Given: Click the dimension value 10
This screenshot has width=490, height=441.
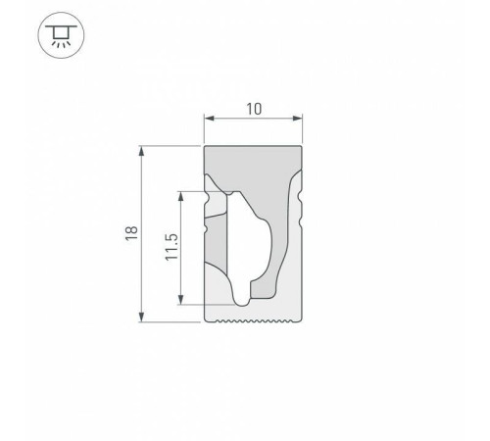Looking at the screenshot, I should click(x=253, y=109).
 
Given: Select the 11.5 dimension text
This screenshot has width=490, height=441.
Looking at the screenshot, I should click(x=171, y=249).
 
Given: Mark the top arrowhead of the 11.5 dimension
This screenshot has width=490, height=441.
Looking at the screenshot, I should click(x=182, y=195).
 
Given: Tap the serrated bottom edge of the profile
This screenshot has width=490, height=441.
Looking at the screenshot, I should click(x=253, y=320).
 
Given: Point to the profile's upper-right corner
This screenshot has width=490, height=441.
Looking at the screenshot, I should click(x=301, y=148).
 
